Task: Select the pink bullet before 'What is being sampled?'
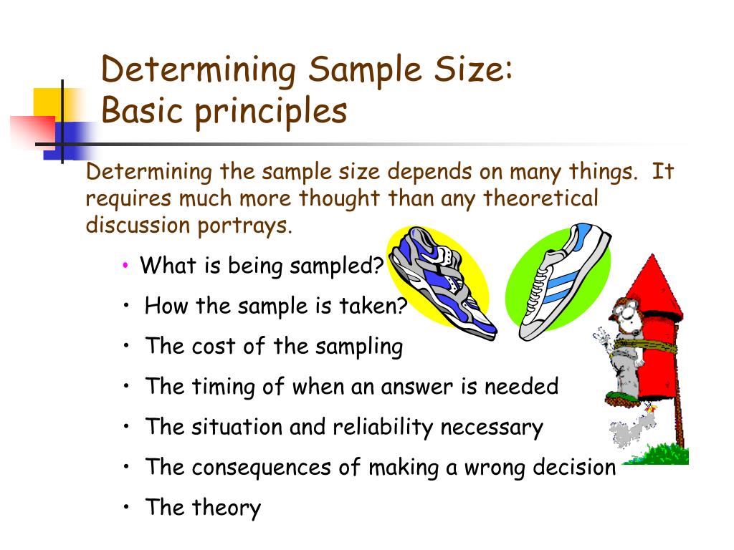125,266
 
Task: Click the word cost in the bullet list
214,347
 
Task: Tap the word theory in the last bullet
226,508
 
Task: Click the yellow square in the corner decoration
50,104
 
